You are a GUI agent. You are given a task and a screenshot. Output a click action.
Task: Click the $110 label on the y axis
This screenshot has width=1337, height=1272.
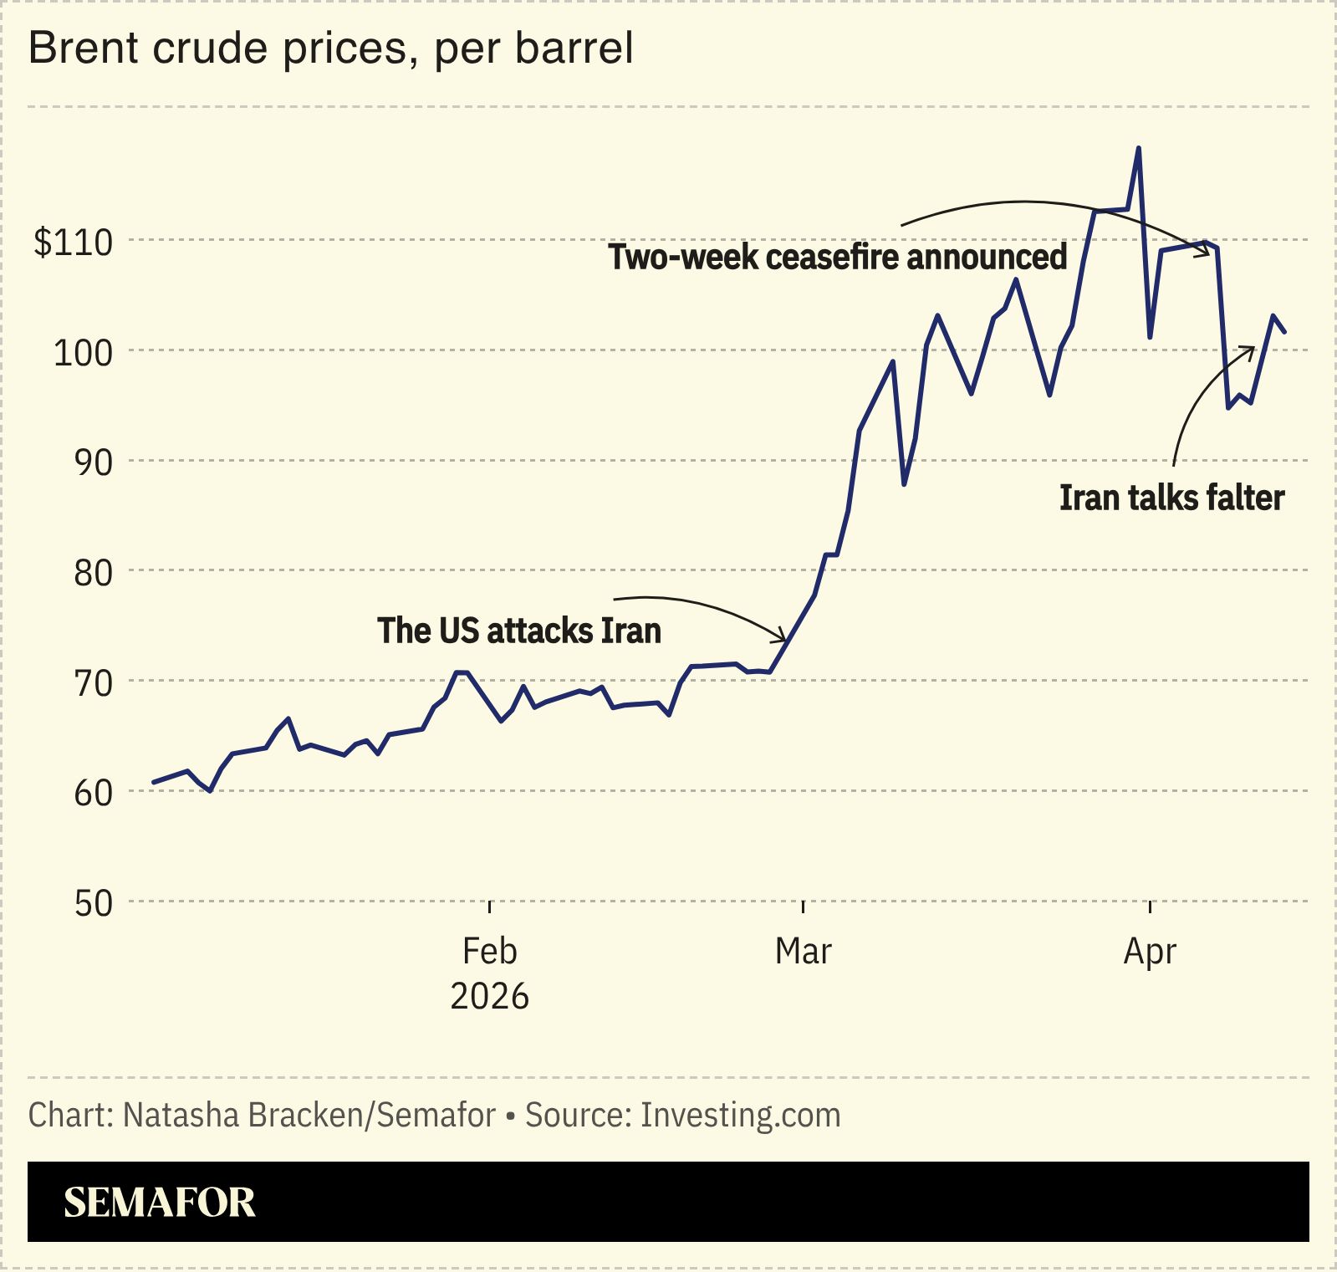point(73,243)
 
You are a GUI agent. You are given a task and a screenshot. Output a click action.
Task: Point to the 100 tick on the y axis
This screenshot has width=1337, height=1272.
point(83,353)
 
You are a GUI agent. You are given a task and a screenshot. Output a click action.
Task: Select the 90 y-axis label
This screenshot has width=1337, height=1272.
point(93,462)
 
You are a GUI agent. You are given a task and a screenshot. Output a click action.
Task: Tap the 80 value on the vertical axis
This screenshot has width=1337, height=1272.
point(93,573)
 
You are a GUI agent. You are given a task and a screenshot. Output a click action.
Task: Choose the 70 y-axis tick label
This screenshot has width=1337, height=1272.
point(93,683)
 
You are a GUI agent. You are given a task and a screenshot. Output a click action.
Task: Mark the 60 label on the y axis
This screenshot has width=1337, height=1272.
point(93,793)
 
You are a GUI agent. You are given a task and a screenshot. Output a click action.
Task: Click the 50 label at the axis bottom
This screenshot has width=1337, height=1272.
point(93,903)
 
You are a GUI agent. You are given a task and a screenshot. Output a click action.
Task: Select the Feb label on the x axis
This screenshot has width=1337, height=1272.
point(489,951)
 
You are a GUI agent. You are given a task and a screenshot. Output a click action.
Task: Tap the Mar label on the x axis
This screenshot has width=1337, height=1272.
point(803,951)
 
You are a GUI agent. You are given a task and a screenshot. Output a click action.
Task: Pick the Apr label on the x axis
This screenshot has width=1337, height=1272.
point(1150,951)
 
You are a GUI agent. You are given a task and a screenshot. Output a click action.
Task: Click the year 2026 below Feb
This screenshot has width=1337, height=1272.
point(489,996)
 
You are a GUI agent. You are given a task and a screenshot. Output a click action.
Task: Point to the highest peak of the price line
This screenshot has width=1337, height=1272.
point(1138,148)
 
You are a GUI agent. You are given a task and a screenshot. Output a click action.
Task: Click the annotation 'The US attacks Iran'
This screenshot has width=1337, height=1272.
point(518,631)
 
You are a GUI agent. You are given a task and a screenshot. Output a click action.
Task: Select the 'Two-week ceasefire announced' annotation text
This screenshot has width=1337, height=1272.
point(837,257)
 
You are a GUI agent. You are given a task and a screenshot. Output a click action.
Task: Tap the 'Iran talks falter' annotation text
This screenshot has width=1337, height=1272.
point(1171,498)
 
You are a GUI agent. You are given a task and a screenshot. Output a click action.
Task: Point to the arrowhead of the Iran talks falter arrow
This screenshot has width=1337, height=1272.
point(1253,349)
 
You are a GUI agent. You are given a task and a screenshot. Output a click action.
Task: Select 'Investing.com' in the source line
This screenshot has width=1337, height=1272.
point(740,1116)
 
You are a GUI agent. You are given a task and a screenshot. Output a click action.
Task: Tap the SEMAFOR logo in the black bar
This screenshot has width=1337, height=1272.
point(160,1202)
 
